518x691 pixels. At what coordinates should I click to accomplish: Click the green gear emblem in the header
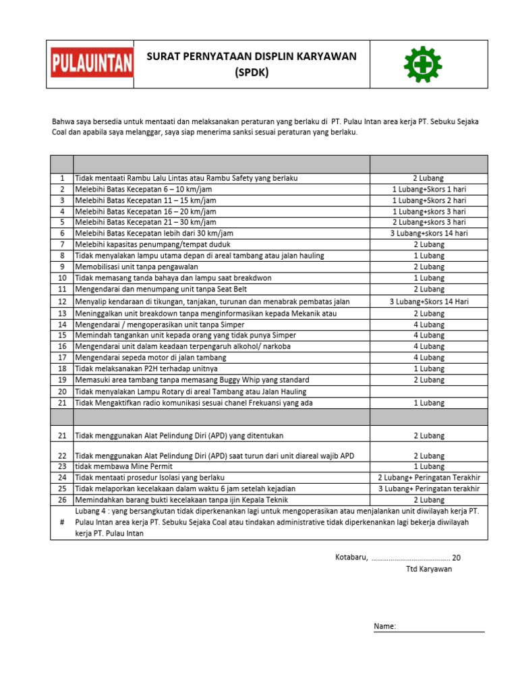click(422, 64)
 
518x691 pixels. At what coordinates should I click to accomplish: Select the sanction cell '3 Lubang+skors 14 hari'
click(428, 233)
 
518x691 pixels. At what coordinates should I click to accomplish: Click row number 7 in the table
click(61, 244)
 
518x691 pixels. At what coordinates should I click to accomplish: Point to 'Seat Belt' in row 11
click(239, 289)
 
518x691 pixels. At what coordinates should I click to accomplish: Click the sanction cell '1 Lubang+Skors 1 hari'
click(428, 190)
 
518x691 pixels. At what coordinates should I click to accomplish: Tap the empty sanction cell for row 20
click(428, 391)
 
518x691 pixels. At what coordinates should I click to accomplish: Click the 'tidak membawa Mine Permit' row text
click(123, 466)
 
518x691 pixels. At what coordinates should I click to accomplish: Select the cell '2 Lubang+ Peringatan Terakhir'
click(428, 478)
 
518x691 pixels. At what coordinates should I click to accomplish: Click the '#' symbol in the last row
click(61, 522)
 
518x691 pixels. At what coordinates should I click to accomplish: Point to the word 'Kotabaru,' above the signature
click(351, 557)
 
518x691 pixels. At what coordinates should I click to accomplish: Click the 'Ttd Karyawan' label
click(428, 569)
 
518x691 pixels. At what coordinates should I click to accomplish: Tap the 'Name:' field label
click(384, 627)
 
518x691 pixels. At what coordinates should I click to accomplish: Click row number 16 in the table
click(61, 346)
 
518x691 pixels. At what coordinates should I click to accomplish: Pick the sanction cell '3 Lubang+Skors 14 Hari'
click(428, 302)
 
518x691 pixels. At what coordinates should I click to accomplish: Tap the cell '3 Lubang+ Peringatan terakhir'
click(428, 489)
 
